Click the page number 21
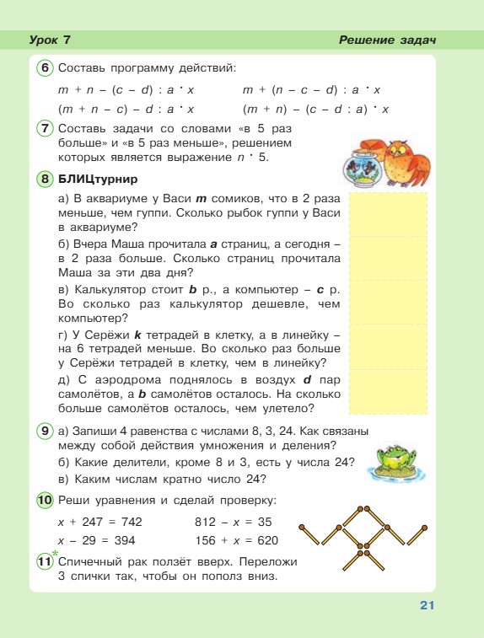pyautogui.click(x=426, y=604)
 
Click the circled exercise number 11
pyautogui.click(x=45, y=561)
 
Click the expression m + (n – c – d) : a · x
pyautogui.click(x=312, y=89)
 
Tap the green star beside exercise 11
pyautogui.click(x=56, y=553)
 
